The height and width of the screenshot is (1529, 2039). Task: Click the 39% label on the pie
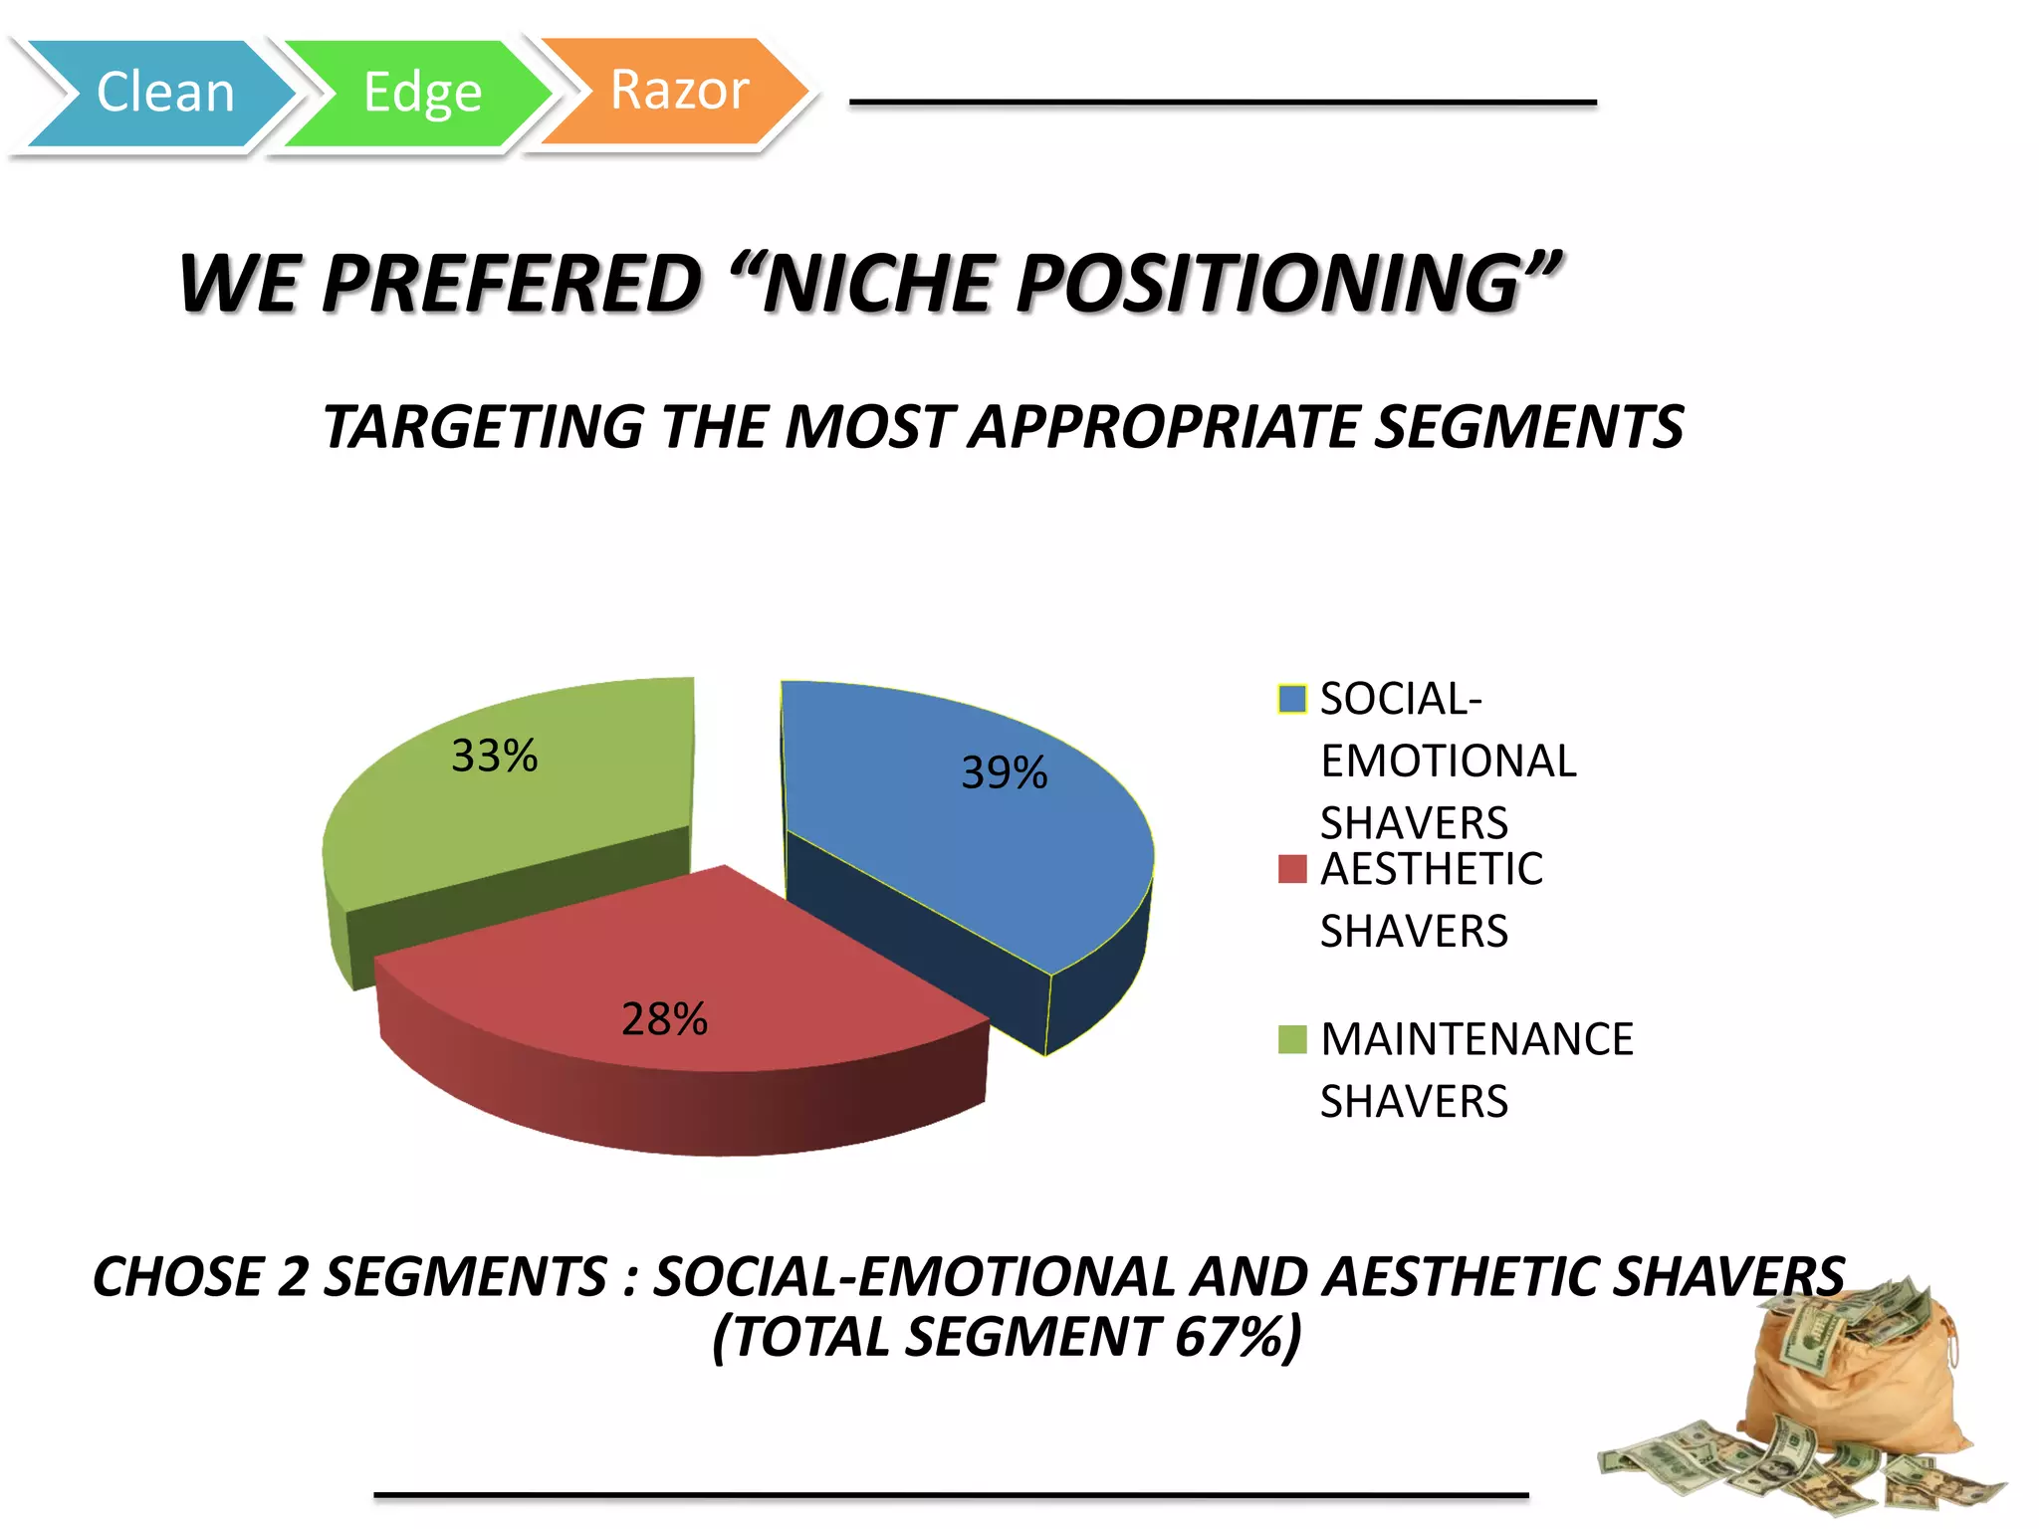coord(1004,772)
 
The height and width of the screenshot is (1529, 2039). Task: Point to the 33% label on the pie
coord(494,756)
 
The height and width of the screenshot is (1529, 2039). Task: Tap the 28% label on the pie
coord(664,1018)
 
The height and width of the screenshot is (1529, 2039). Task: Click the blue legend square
coord(1291,699)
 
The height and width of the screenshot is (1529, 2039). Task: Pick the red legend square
coord(1291,869)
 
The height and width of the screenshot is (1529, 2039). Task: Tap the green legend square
coord(1291,1039)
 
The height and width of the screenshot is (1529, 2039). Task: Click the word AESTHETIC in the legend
coord(1431,869)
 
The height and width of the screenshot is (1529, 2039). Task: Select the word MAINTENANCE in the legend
coord(1476,1039)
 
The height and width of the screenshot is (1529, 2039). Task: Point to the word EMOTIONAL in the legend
coord(1448,762)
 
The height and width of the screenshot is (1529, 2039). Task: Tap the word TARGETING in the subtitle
coord(485,427)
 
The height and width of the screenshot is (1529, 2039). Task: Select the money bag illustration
coord(1842,1394)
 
